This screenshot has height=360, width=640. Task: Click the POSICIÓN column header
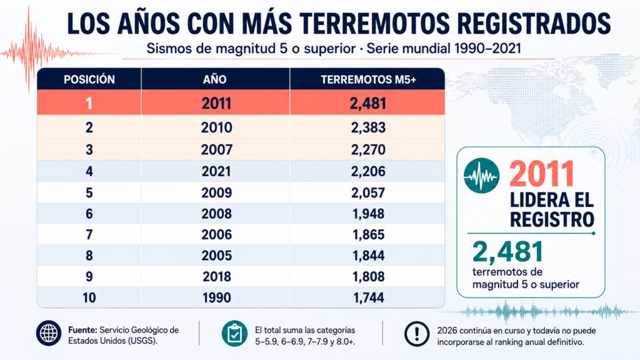[x=89, y=79]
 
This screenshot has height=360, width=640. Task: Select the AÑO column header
[x=215, y=79]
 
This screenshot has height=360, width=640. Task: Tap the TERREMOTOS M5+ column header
[x=368, y=79]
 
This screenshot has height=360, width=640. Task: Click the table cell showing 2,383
[x=368, y=127]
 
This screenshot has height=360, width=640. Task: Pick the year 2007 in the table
[x=216, y=150]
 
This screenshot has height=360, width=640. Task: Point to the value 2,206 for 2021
[x=368, y=171]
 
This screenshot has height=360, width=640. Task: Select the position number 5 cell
[x=89, y=192]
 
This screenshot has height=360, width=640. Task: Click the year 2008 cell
[x=216, y=214]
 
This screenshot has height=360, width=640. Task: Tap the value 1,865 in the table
[x=369, y=235]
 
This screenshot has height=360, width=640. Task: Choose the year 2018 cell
[x=217, y=277]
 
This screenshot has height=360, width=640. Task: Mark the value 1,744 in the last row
[x=369, y=298]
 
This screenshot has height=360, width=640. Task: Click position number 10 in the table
[x=89, y=298]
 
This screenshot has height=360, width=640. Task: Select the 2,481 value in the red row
[x=367, y=104]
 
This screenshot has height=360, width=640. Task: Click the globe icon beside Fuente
[x=49, y=333]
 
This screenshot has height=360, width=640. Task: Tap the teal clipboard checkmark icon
[x=234, y=334]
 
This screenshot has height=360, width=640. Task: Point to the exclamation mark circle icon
[x=417, y=334]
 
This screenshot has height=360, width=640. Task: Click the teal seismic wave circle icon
[x=482, y=176]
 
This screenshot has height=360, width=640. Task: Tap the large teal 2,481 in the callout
[x=507, y=251]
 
